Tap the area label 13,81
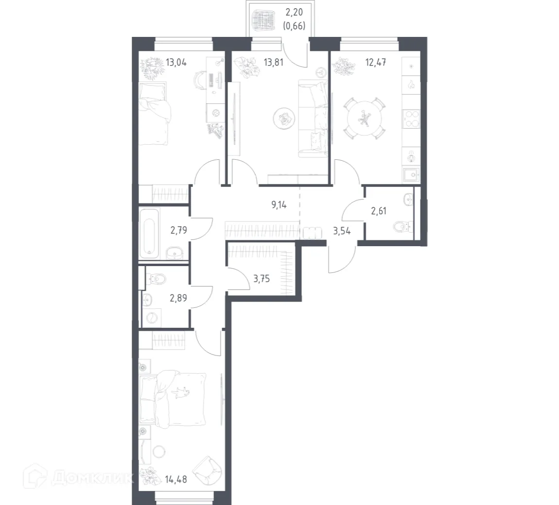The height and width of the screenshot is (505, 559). pyautogui.click(x=273, y=62)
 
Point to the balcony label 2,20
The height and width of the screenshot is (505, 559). pyautogui.click(x=294, y=16)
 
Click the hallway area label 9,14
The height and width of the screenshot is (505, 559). pyautogui.click(x=279, y=204)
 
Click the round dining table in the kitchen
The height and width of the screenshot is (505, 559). pyautogui.click(x=362, y=118)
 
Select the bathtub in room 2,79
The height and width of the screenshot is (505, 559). pyautogui.click(x=147, y=232)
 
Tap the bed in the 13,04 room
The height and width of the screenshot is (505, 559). pyautogui.click(x=155, y=115)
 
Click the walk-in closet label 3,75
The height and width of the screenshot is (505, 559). pyautogui.click(x=262, y=279)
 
